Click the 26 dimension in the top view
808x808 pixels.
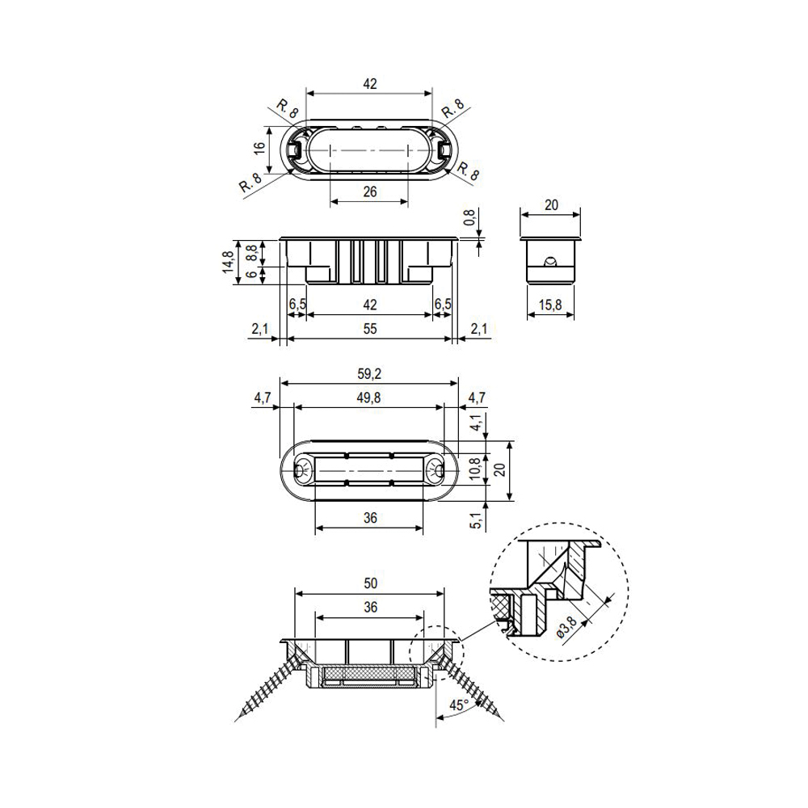(x=370, y=191)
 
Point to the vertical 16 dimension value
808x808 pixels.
(x=259, y=146)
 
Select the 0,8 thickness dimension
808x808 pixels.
(x=469, y=217)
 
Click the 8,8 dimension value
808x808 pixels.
(x=251, y=253)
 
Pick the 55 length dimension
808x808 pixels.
(x=370, y=328)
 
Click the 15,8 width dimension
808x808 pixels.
(x=549, y=305)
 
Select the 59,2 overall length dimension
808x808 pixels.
(x=369, y=374)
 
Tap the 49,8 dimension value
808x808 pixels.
(x=369, y=398)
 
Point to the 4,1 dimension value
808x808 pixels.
(x=478, y=423)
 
